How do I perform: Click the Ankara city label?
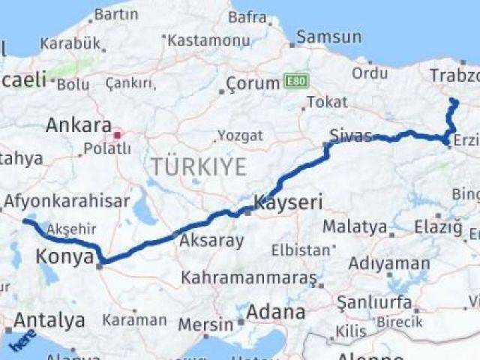[x=78, y=124]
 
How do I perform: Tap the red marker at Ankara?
[x=117, y=136]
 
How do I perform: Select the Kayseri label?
[x=289, y=202]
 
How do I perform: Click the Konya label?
[x=64, y=259]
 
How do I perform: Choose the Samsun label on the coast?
[x=328, y=37]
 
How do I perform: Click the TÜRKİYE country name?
[x=197, y=166]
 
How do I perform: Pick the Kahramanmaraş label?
[x=249, y=278]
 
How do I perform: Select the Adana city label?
[x=277, y=311]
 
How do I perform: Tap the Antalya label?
[x=49, y=321]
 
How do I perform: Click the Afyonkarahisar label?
[x=67, y=201]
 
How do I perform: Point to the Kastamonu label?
[x=208, y=40]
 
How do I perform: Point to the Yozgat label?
[x=240, y=136]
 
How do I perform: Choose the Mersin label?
[x=206, y=325]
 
